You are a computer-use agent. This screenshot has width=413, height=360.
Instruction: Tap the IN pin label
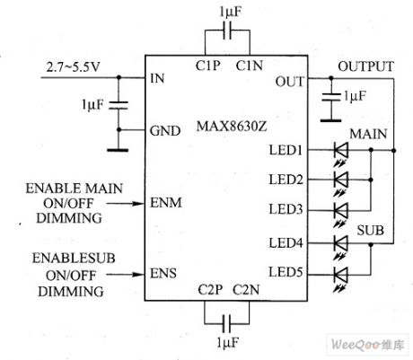click(158, 79)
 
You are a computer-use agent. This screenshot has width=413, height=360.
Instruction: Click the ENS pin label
click(164, 270)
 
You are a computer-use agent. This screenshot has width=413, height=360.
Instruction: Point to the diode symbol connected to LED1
click(339, 151)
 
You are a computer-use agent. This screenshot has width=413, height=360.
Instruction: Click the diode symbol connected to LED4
click(339, 242)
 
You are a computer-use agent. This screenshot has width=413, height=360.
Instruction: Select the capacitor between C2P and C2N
click(224, 320)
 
